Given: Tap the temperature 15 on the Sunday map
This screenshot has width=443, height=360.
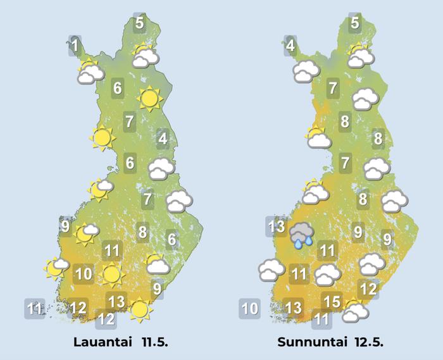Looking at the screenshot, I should pyautogui.click(x=332, y=301).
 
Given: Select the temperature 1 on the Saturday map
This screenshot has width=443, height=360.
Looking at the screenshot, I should pyautogui.click(x=75, y=46).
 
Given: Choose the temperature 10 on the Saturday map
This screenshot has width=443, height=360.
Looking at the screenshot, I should pyautogui.click(x=84, y=275).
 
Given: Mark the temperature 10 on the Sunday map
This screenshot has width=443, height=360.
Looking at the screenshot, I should pyautogui.click(x=250, y=309).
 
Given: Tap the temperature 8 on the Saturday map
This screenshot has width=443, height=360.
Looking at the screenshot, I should pyautogui.click(x=142, y=232).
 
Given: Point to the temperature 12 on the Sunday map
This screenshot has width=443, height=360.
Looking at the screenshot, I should pyautogui.click(x=368, y=289).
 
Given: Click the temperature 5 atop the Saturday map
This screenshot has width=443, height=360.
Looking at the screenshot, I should pyautogui.click(x=139, y=24).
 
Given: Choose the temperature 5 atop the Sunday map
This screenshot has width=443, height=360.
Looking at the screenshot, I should pyautogui.click(x=355, y=24).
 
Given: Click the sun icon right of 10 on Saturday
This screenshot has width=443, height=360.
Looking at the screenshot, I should pyautogui.click(x=111, y=275).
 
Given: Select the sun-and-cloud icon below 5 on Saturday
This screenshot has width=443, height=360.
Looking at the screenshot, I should pyautogui.click(x=145, y=56).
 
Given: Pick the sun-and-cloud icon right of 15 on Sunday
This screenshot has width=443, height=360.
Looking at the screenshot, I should pyautogui.click(x=356, y=310).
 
